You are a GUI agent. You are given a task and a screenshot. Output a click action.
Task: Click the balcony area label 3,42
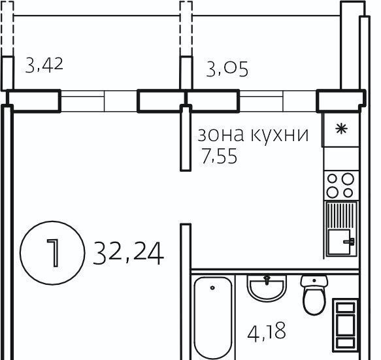tap(44, 65)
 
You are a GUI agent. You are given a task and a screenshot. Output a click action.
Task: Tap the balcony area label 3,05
tap(227, 69)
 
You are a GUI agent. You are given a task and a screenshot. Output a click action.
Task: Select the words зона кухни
tap(253, 135)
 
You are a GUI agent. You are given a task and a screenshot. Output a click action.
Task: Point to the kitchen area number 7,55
tap(219, 156)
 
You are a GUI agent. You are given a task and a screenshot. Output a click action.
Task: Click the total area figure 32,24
tap(129, 254)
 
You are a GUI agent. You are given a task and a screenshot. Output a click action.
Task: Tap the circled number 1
tap(52, 253)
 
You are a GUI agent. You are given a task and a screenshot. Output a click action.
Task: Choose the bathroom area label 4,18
tap(267, 332)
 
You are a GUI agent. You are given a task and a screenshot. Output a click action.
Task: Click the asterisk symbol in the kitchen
tap(341, 129)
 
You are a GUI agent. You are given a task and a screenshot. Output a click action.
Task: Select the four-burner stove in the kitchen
tap(341, 186)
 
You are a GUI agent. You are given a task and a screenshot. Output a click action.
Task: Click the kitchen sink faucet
tap(349, 242)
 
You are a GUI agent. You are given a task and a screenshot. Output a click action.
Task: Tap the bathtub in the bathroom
tap(213, 318)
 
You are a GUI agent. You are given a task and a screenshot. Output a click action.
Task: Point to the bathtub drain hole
tap(212, 288)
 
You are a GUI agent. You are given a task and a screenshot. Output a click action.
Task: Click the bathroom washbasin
tap(267, 288)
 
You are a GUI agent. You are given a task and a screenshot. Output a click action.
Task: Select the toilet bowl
tap(314, 301)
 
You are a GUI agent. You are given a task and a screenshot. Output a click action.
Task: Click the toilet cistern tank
tap(314, 282)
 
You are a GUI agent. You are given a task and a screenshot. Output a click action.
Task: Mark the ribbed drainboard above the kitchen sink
tap(341, 216)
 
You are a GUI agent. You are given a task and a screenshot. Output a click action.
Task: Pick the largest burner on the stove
tap(348, 179)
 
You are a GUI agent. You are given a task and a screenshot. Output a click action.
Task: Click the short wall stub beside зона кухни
tap(186, 138)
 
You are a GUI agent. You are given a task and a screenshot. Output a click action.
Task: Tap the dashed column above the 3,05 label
tap(186, 29)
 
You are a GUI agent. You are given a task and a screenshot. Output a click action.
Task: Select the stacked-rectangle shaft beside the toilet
tap(345, 325)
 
